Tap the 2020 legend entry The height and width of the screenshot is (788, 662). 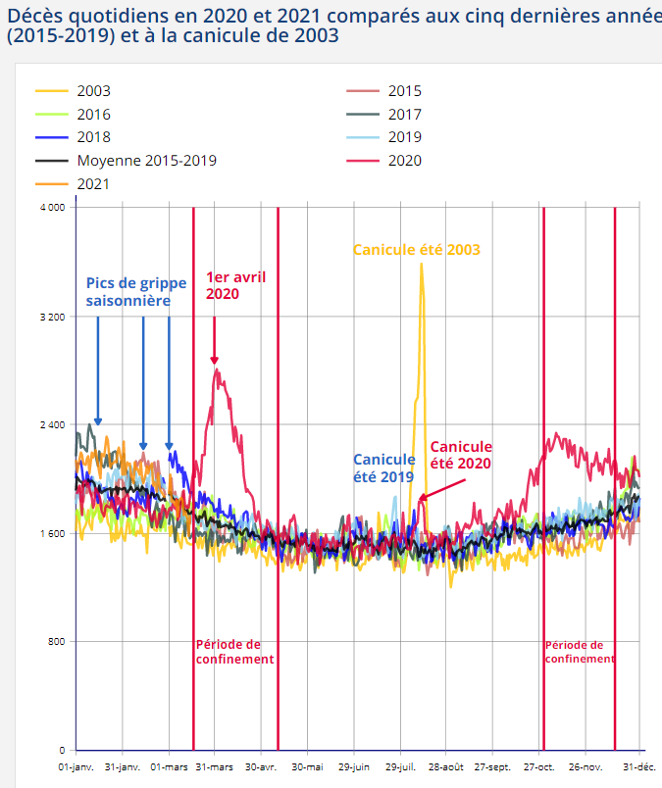[405, 160]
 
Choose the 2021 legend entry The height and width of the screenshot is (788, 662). [93, 183]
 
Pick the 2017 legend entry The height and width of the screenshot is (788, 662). [405, 114]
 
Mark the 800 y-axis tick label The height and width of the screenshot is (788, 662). [55, 642]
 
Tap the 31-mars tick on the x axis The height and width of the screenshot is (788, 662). [214, 765]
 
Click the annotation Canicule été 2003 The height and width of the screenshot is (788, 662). [417, 250]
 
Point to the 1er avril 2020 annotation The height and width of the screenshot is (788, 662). [235, 284]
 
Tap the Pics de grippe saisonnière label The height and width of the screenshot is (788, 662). [134, 292]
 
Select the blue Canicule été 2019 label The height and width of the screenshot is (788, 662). [384, 467]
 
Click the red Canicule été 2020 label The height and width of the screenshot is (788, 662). [460, 455]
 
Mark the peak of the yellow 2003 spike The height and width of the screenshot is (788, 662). [422, 265]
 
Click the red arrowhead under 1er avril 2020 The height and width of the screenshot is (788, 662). [215, 360]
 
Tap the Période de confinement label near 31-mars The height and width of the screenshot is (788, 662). [234, 652]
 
